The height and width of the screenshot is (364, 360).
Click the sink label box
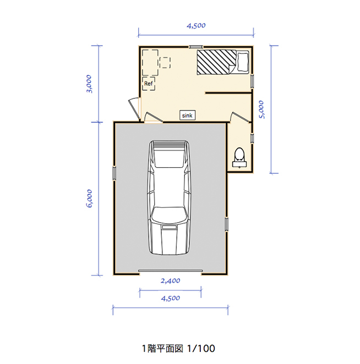187,115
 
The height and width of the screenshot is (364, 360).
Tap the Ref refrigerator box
149,84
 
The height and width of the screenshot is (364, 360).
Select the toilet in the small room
239,158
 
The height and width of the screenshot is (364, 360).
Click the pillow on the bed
243,62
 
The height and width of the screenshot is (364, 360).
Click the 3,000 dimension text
89,84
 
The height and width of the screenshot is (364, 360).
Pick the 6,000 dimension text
89,198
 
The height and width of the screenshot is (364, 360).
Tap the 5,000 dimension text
261,109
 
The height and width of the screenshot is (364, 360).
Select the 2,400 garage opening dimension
170,281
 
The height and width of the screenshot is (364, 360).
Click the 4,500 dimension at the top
196,25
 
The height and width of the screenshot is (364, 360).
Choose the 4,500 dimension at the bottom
170,299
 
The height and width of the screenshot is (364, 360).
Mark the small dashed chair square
165,63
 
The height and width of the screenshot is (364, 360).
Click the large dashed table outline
150,63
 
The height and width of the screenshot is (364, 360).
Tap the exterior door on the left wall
135,108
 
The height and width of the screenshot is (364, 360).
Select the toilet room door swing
241,117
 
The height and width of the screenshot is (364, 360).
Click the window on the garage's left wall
114,173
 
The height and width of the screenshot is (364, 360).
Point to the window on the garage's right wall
226,224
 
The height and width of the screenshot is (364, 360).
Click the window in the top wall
195,47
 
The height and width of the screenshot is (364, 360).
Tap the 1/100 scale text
201,349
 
